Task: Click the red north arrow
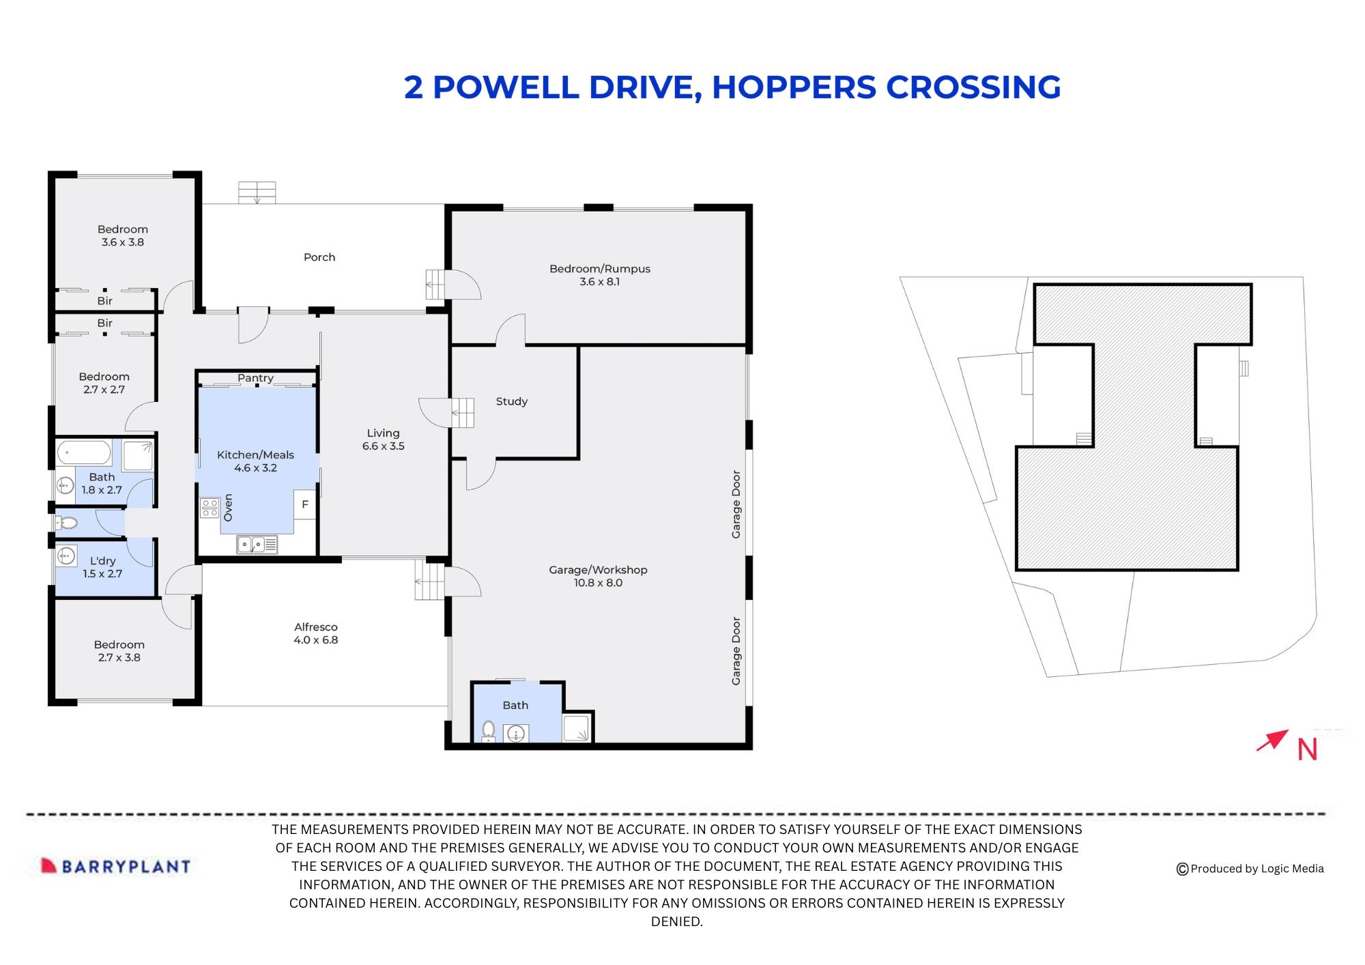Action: pos(1272,740)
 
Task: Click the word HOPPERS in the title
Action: pos(794,87)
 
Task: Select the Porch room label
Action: pos(319,257)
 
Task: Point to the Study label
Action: pos(511,401)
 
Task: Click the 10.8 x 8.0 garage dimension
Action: pos(598,583)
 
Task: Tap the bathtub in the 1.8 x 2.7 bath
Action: pos(84,452)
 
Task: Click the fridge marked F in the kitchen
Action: pos(305,504)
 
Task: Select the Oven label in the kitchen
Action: pos(228,508)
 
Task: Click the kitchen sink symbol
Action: pos(257,545)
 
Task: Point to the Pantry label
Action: pos(255,378)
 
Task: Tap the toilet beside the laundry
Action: pos(67,523)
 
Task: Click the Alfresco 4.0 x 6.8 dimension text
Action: pos(316,640)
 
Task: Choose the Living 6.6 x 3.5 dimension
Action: pos(383,446)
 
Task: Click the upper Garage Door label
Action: pos(736,504)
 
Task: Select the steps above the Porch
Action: pos(257,192)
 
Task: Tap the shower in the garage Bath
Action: pos(576,728)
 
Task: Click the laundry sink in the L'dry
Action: pos(66,556)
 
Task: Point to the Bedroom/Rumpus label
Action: pos(599,269)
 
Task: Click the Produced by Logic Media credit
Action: pos(1250,869)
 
